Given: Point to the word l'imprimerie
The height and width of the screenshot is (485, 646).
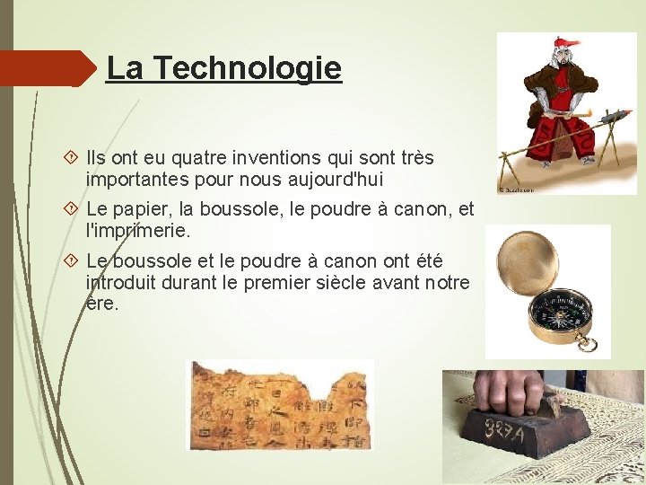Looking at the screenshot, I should click(138, 231).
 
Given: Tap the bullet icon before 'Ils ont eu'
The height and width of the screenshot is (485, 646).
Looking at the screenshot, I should click(73, 158).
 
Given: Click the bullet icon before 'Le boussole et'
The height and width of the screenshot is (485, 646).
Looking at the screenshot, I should click(73, 261).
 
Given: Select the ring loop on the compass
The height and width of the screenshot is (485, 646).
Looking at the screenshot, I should click(589, 343).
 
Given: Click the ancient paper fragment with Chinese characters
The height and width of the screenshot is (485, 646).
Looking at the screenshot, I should click(279, 404).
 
